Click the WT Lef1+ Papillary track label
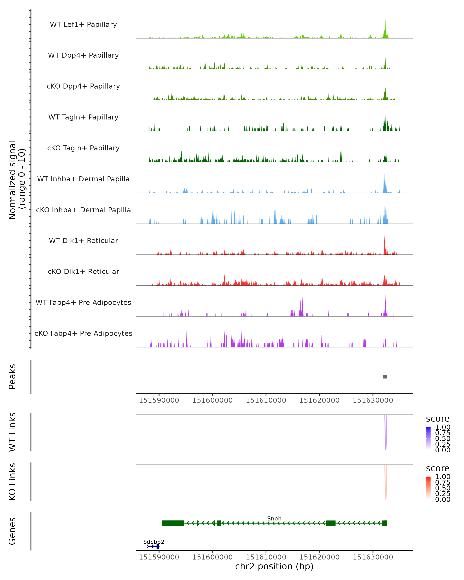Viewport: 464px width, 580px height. [83, 25]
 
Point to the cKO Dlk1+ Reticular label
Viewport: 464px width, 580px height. [83, 271]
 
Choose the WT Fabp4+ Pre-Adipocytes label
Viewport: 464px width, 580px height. [83, 302]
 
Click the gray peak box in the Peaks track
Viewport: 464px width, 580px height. [385, 377]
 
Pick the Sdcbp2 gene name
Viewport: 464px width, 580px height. [154, 542]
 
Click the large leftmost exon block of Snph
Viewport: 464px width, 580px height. [173, 523]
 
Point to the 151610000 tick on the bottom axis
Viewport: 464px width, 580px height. [266, 557]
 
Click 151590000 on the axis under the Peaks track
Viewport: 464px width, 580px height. [159, 400]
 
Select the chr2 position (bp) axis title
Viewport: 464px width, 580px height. [274, 566]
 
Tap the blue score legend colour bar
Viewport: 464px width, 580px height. [428, 438]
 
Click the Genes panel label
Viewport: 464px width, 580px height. [12, 531]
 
